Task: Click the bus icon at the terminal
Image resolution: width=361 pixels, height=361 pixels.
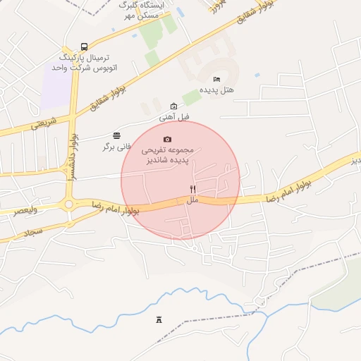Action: coord(84,46)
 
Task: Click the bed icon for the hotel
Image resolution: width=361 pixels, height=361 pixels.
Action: coord(216,79)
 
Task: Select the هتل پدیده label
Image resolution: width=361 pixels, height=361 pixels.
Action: coord(216,90)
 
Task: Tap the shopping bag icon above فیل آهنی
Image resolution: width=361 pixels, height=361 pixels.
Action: coord(173,106)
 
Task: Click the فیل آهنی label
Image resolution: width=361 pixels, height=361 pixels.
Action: coord(173,117)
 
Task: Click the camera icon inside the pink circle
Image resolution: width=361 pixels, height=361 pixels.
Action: coord(167,139)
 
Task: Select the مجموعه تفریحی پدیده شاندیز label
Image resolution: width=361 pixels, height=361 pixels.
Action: coord(173,155)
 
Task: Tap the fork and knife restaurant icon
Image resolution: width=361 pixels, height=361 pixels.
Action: coord(192,189)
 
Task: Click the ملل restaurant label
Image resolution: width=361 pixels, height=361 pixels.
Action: coord(192,201)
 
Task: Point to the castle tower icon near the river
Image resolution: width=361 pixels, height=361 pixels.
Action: coord(159,319)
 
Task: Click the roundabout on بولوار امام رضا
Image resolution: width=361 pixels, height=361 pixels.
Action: coord(69,205)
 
